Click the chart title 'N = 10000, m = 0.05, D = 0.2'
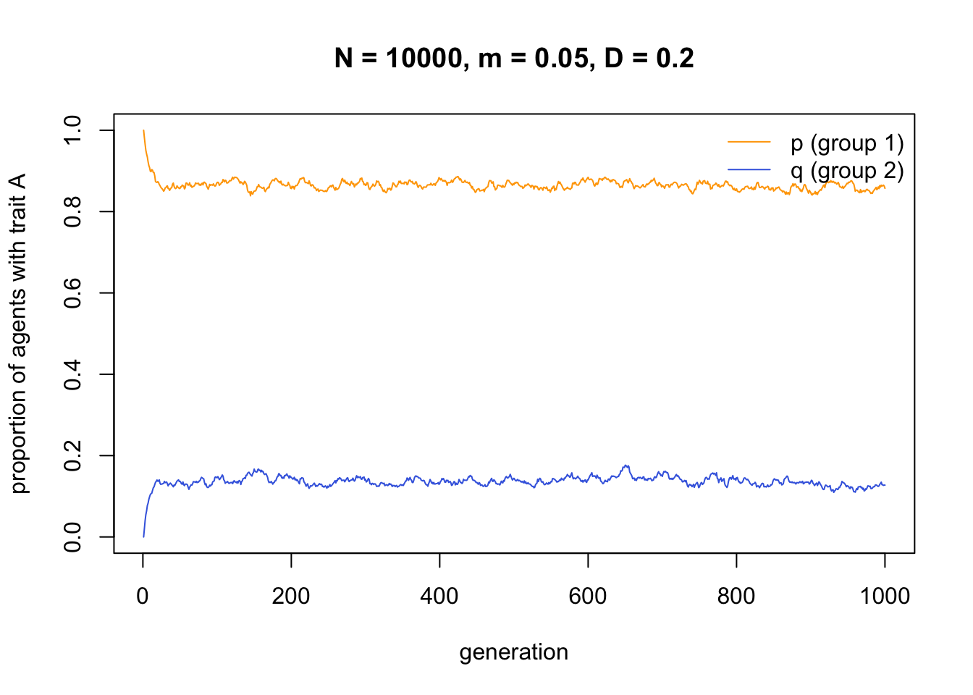tap(514, 58)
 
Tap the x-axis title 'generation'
tap(514, 652)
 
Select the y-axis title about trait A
tap(19, 333)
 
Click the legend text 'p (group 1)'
tap(847, 143)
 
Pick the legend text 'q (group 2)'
tap(847, 171)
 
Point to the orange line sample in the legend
tap(749, 143)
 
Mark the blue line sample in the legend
tap(749, 170)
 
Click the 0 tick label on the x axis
tap(143, 596)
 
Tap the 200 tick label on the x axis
tap(291, 596)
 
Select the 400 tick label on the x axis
tap(439, 596)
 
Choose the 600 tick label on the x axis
tap(588, 596)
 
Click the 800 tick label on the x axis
tap(736, 596)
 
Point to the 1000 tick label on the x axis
tap(885, 596)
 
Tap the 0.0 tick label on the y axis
tap(72, 537)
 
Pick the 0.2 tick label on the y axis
tap(72, 455)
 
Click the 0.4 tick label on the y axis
tap(72, 374)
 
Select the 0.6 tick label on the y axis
tap(72, 292)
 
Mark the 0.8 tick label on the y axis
tap(72, 211)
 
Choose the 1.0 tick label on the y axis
tap(72, 130)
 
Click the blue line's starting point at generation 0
tap(143, 536)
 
